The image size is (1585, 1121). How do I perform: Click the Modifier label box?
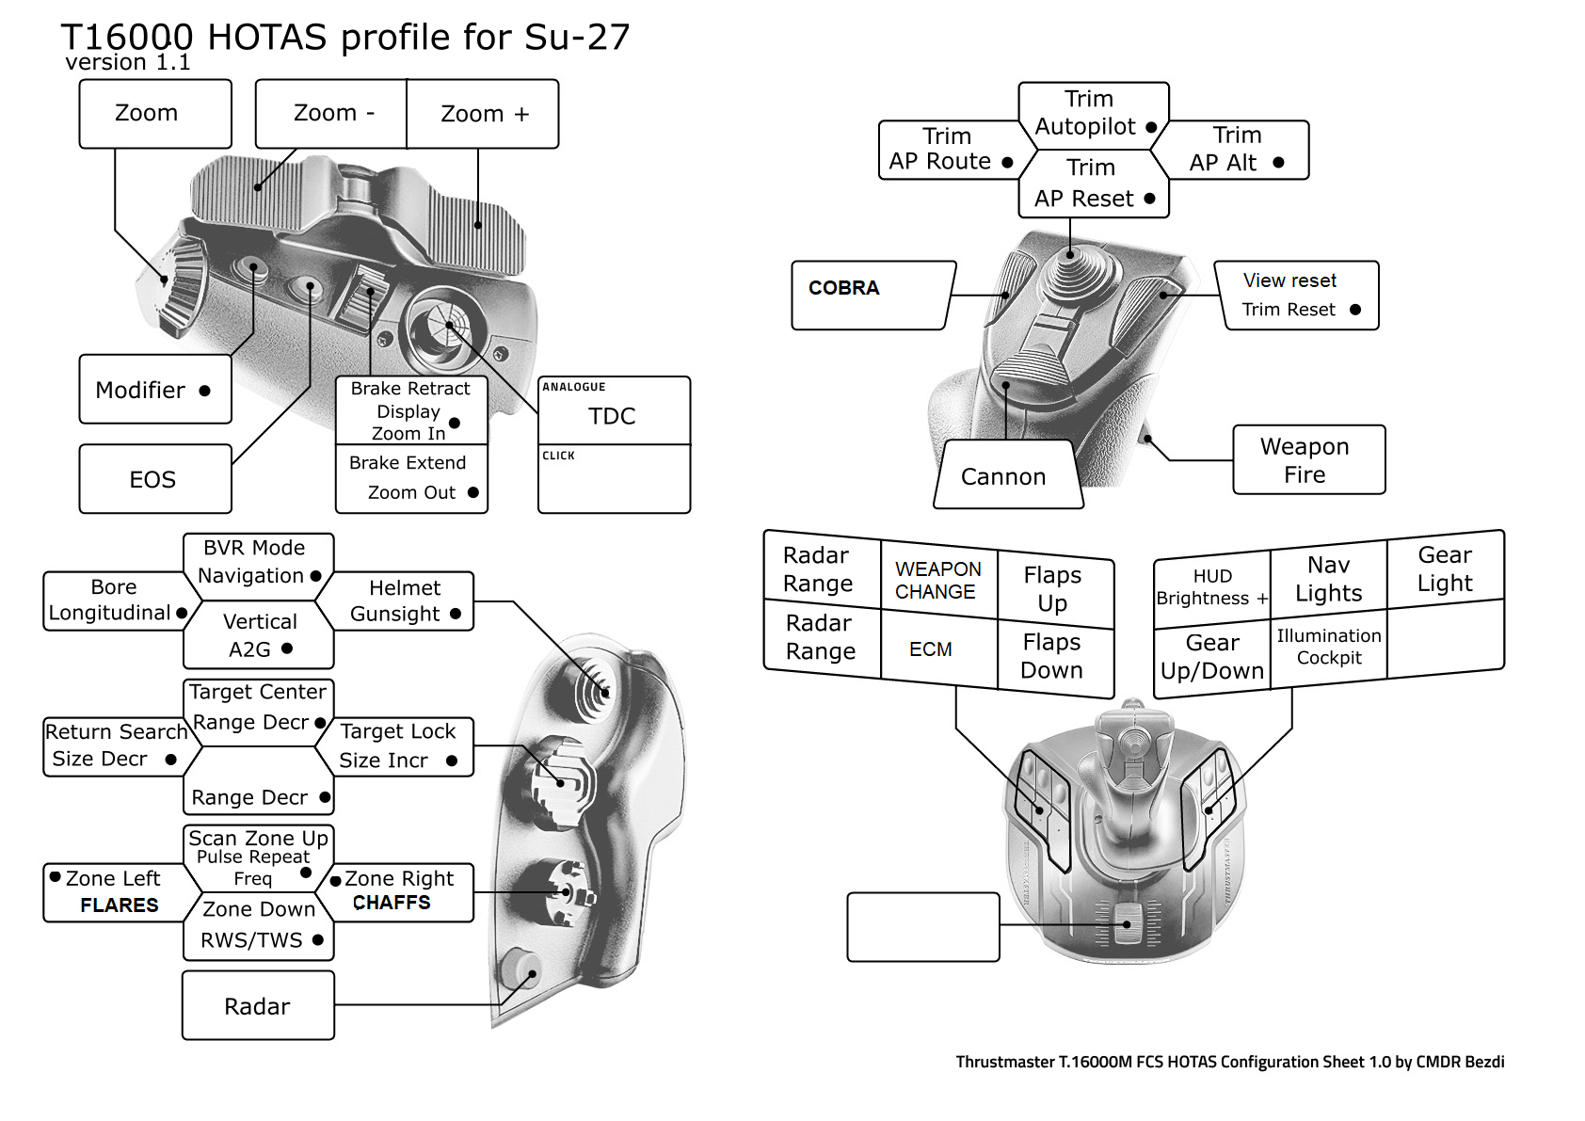[x=154, y=390]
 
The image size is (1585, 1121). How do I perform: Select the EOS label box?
[x=154, y=479]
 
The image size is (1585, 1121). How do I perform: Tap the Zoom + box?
[x=483, y=114]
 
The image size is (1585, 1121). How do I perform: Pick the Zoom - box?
[x=332, y=114]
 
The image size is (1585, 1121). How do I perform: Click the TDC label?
[x=613, y=415]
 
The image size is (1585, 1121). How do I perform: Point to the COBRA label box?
[x=871, y=295]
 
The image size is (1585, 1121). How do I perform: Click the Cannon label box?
[x=1006, y=475]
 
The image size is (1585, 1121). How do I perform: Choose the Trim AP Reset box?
[x=1093, y=184]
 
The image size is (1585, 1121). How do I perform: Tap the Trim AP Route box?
[x=948, y=150]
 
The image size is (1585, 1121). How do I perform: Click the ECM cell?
[x=932, y=649]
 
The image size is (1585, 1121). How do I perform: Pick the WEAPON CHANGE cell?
[x=938, y=580]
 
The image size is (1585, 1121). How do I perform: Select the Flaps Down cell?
[x=1052, y=656]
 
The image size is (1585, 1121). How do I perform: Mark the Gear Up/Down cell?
[x=1211, y=656]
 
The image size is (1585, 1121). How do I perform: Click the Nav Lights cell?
[x=1328, y=579]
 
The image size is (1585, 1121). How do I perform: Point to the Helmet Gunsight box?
[x=402, y=601]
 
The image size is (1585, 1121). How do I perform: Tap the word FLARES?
[x=119, y=905]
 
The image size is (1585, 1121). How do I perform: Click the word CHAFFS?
[x=392, y=903]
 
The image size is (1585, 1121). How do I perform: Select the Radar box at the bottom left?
[x=258, y=1005]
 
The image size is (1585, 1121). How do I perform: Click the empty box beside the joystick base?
[x=922, y=927]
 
